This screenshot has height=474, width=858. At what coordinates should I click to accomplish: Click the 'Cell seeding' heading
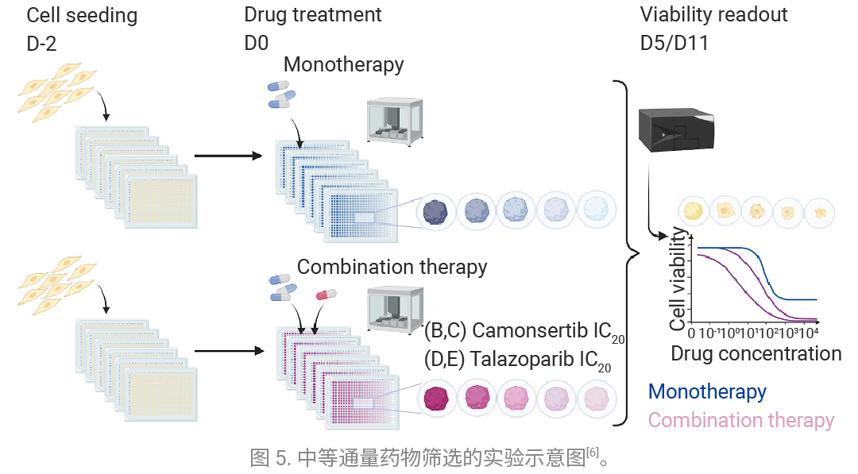[x=82, y=15]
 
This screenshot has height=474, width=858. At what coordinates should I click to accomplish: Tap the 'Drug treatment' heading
[x=312, y=15]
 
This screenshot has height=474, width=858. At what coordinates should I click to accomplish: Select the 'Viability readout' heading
[x=713, y=15]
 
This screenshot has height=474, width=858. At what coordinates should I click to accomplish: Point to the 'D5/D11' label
[x=674, y=43]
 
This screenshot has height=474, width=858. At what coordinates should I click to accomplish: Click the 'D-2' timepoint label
[x=41, y=43]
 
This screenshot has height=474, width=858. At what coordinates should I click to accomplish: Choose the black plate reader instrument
[x=676, y=129]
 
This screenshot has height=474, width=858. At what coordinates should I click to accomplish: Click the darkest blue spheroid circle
[x=435, y=211]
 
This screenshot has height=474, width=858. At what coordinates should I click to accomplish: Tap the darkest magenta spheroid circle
[x=436, y=398]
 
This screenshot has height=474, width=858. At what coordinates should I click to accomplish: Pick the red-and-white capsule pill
[x=327, y=295]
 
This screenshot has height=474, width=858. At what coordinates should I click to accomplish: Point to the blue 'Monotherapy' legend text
[x=707, y=391]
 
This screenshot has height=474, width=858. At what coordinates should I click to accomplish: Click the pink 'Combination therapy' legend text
[x=741, y=420]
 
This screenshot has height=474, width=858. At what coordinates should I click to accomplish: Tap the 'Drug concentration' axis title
[x=756, y=353]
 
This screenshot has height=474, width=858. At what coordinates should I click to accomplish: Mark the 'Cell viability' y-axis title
[x=678, y=279]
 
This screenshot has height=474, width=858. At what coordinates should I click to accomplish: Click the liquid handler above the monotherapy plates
[x=395, y=121]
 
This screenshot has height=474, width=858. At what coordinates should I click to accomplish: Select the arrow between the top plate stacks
[x=228, y=156]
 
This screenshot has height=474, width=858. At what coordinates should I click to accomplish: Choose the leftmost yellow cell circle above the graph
[x=694, y=211]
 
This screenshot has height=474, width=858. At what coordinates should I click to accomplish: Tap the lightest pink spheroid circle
[x=597, y=398]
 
